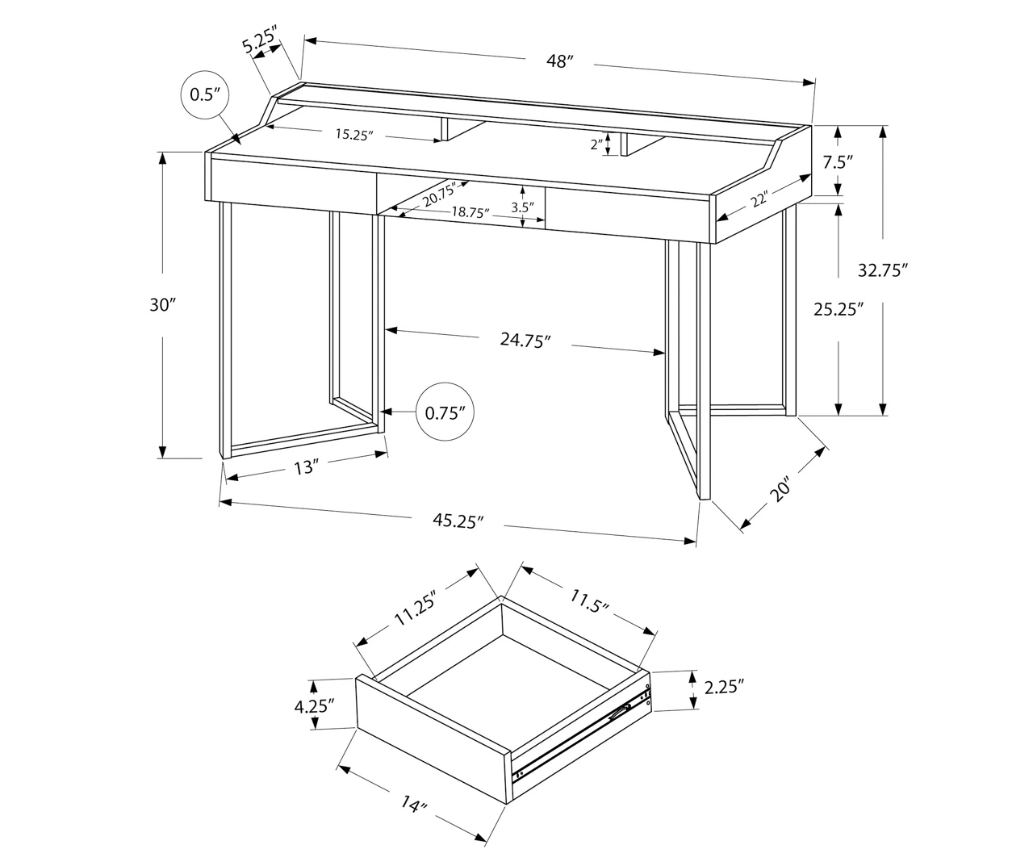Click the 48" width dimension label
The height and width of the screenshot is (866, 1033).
coord(558,61)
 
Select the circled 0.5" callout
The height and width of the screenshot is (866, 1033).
coord(205,94)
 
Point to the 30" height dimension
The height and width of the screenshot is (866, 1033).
coord(162,305)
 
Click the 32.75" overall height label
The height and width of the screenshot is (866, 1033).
coord(883,270)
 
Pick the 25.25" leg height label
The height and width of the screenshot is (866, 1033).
coord(839,308)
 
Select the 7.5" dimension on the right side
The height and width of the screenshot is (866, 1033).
coord(839,161)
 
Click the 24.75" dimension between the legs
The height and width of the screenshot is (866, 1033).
coord(525,341)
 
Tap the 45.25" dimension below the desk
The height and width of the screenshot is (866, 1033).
coord(458,521)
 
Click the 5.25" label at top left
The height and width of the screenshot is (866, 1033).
coord(260,40)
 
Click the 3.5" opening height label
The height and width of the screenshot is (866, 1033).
coord(523,207)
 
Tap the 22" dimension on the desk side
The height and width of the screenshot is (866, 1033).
coord(757,199)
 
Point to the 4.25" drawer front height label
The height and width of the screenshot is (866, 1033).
coord(314,706)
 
